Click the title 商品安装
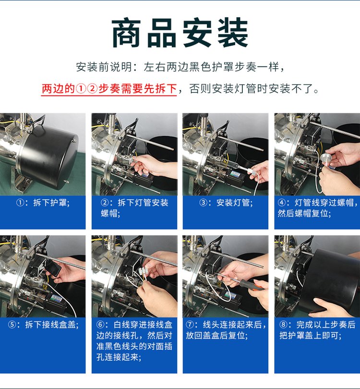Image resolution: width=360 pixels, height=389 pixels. point(180,33)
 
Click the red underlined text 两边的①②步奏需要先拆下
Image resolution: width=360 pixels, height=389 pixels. point(109,88)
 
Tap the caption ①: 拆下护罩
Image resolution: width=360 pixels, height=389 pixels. point(43,203)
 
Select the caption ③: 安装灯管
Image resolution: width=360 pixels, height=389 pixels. point(226,203)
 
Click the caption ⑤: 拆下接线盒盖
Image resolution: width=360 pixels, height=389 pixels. point(43,325)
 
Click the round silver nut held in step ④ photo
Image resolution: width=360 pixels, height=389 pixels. point(325,158)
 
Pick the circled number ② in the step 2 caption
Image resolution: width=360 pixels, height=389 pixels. point(105,203)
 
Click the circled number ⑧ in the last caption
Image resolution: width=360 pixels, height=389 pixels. point(283,325)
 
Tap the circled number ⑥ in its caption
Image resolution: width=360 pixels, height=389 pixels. point(100,325)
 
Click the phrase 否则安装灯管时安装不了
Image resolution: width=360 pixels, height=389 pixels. point(252,88)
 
